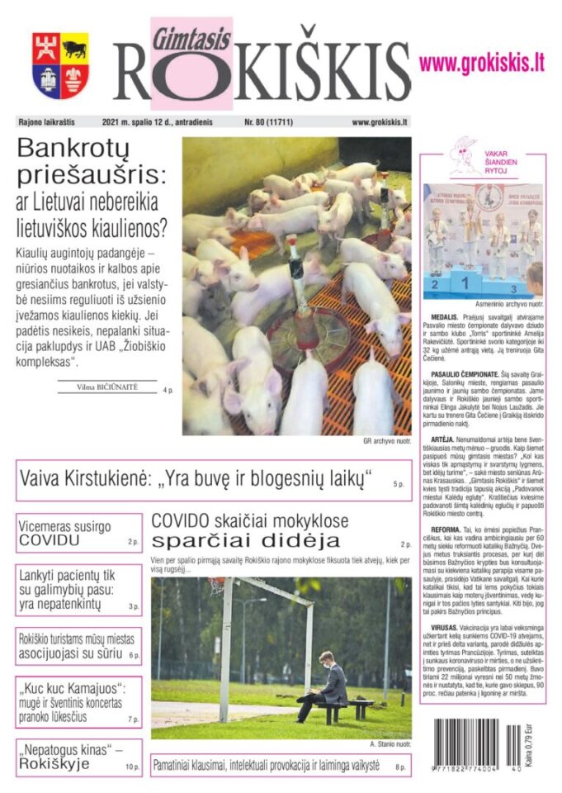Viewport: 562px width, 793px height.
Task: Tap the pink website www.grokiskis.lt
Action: click(481, 62)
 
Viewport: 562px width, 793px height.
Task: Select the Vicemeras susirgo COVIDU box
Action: click(79, 533)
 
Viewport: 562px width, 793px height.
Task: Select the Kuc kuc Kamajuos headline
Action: click(79, 701)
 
